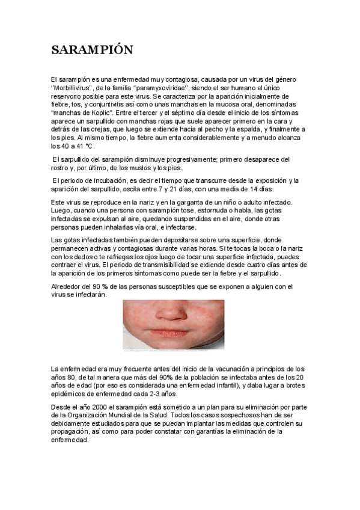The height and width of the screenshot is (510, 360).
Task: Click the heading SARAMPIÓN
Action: [92, 50]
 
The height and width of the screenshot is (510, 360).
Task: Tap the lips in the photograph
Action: [174, 333]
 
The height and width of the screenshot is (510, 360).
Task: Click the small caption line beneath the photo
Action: [174, 349]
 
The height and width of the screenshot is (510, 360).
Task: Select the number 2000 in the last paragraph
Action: [96, 407]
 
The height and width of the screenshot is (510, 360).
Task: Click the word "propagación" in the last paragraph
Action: [73, 431]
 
